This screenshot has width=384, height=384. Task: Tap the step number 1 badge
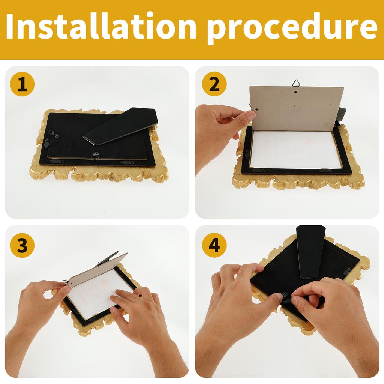point(22,84)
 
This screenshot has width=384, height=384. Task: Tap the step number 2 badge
point(214,84)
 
